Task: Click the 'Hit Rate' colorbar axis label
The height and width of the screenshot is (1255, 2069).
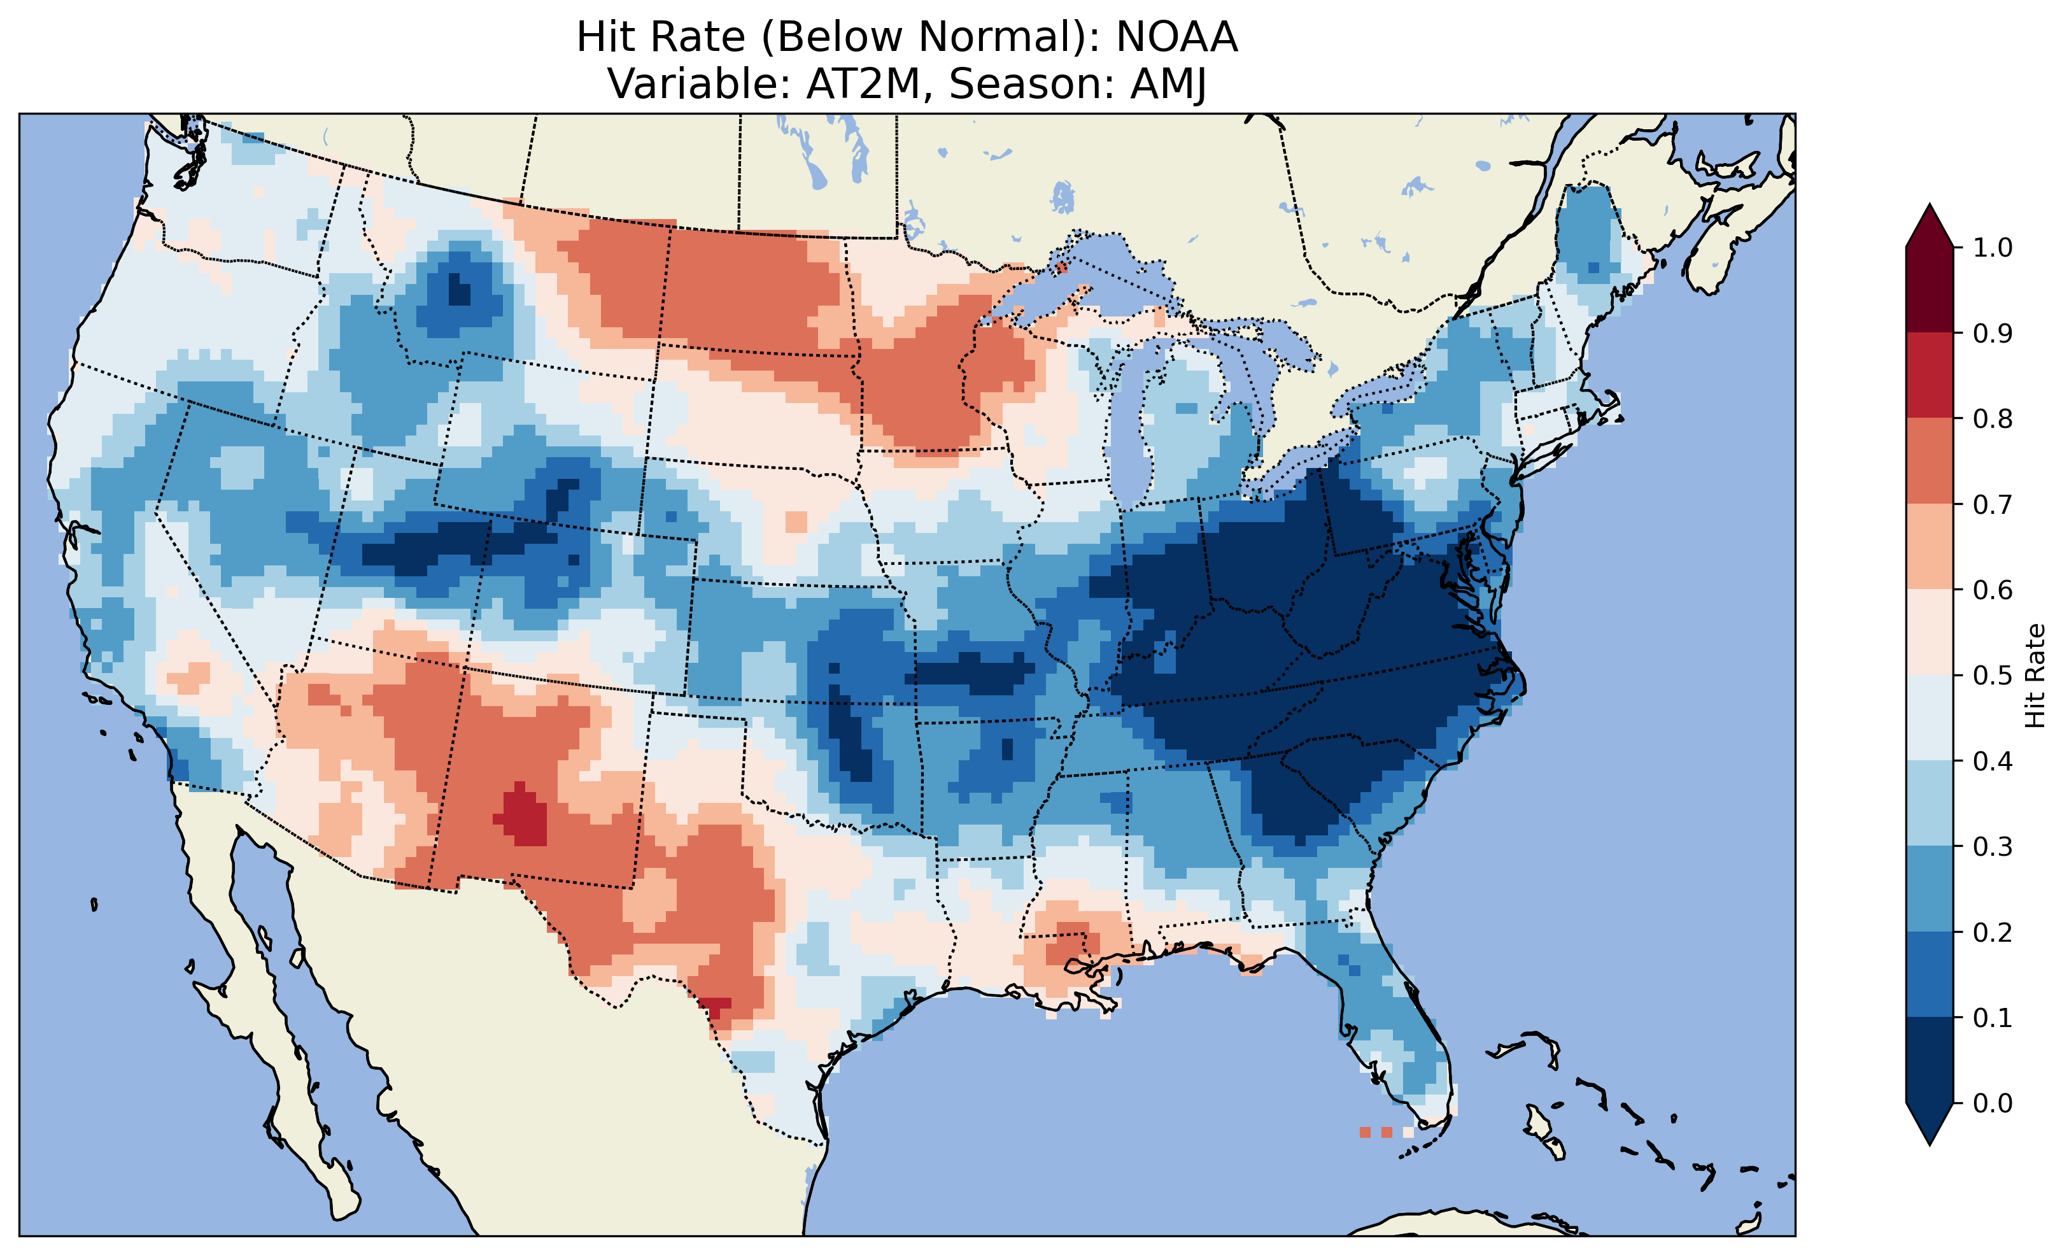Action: click(2035, 676)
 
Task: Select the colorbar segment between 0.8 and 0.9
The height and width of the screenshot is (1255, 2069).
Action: click(1930, 374)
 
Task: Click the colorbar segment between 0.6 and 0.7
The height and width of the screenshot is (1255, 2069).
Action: click(1930, 546)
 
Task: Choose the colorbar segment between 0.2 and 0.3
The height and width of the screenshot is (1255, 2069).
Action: click(1930, 889)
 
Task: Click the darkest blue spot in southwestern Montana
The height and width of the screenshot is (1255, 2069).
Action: click(459, 292)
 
